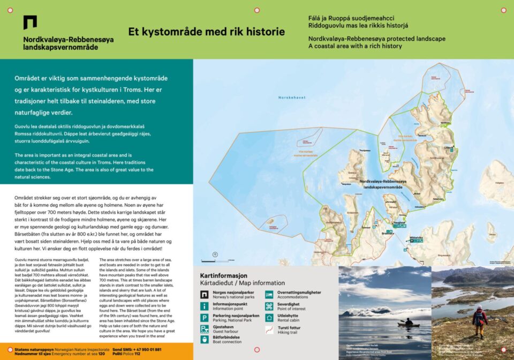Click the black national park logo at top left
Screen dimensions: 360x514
(30, 22)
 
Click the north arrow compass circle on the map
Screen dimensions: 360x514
(214, 254)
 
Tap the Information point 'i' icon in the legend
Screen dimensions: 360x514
(204, 306)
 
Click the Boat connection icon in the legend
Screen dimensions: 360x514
(204, 339)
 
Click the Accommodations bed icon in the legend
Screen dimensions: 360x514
(269, 295)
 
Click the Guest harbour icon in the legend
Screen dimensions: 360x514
(204, 328)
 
